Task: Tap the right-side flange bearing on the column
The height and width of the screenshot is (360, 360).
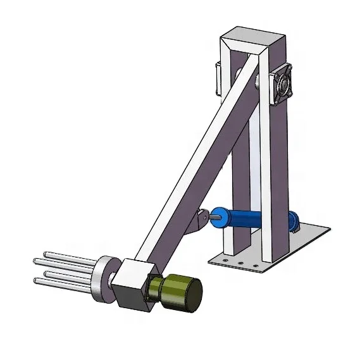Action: (281, 84)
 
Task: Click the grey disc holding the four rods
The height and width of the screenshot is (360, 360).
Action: (104, 279)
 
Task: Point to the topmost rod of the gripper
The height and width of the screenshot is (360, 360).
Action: (63, 257)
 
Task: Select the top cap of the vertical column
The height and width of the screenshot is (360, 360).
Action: (250, 39)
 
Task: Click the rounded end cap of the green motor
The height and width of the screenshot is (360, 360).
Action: (191, 295)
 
